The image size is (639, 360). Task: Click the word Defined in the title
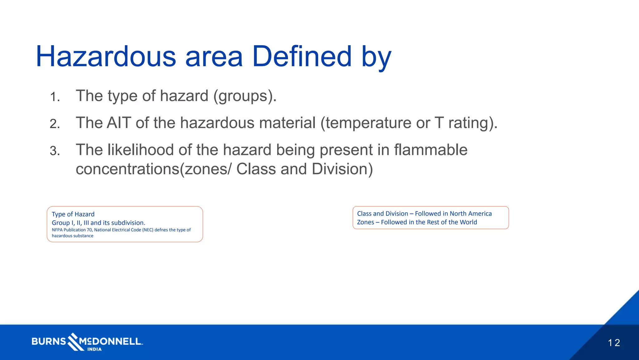(302, 57)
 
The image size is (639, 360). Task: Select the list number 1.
(55, 97)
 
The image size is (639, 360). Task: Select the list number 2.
(55, 124)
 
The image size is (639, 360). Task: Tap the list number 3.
(55, 151)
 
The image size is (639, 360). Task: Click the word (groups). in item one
(245, 96)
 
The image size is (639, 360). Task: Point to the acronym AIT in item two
(119, 123)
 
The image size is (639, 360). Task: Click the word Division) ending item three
(342, 169)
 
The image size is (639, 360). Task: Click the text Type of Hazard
(73, 214)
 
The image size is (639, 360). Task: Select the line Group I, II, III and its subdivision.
(98, 223)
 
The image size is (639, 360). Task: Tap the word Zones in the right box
(365, 222)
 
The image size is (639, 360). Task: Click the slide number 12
(613, 343)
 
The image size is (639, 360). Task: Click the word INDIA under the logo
(94, 349)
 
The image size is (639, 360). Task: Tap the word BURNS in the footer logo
(49, 341)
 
